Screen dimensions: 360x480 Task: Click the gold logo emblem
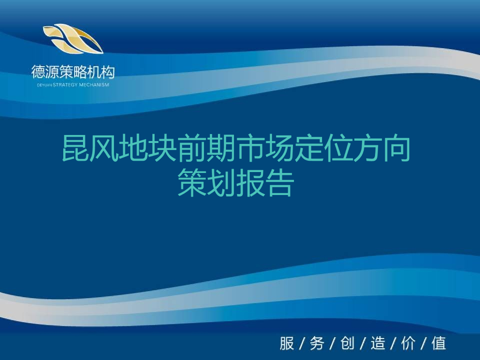[73, 38]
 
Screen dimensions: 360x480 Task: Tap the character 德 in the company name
[38, 72]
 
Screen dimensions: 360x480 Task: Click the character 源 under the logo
[52, 72]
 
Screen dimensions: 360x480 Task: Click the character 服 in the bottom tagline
[287, 343]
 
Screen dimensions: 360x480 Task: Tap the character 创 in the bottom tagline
[347, 343]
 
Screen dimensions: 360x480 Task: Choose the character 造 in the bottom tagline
[378, 343]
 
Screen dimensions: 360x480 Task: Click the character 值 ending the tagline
[439, 343]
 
